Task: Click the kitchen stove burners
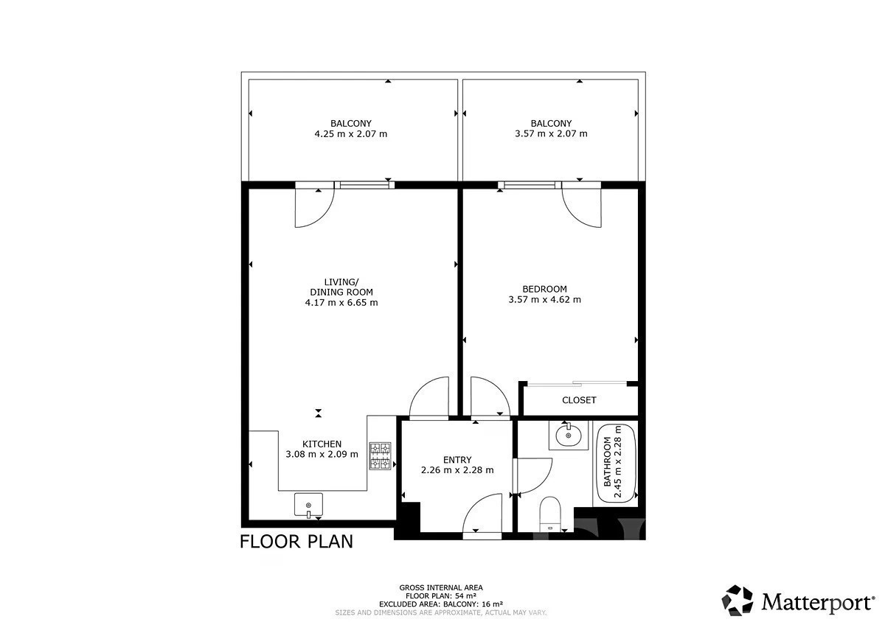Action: pos(380,456)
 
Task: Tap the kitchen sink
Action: pos(308,505)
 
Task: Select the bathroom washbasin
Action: pos(569,436)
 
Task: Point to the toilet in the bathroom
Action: pos(550,514)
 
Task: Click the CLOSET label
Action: pos(579,400)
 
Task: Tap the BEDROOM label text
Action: pos(544,289)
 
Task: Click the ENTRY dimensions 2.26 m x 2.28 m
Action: pos(457,469)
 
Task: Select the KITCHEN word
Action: pos(322,444)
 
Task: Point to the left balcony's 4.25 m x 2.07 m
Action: pos(351,134)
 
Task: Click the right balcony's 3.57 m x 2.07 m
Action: pos(551,133)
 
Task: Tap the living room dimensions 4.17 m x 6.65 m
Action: pos(341,302)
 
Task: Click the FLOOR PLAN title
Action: pos(296,542)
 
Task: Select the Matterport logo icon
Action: pos(737,600)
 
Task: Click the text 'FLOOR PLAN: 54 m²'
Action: pos(441,596)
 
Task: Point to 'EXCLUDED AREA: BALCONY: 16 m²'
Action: pos(441,604)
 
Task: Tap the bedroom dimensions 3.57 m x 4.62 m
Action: pos(544,299)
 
